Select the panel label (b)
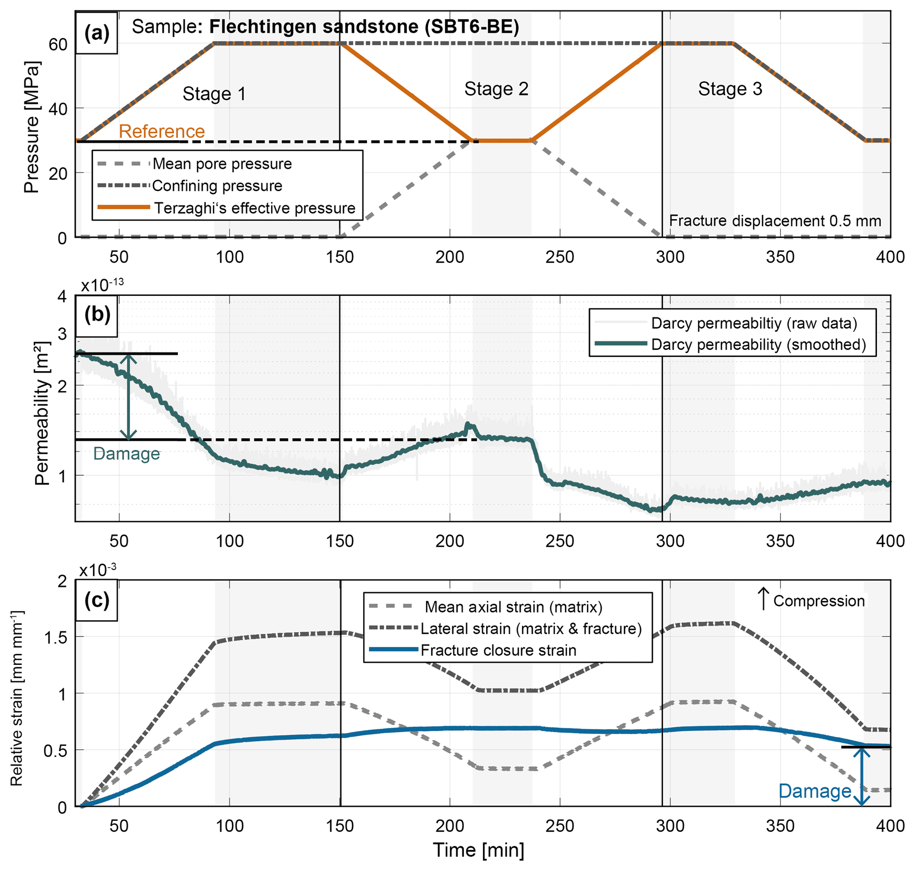coord(97,315)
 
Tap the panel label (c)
coord(97,600)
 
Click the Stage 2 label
coord(496,89)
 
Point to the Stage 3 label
coord(730,89)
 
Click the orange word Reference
coord(162,132)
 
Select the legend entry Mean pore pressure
coord(222,164)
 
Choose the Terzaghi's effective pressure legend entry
coord(254,208)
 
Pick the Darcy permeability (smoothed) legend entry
coord(758,345)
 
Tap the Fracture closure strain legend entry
coord(498,650)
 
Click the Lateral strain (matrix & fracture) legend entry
coord(531,629)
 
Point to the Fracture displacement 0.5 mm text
coord(775,221)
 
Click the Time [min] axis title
coord(479,850)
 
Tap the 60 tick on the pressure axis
coord(58,45)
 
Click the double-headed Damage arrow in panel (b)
coord(128,397)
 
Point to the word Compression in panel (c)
coord(818,601)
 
